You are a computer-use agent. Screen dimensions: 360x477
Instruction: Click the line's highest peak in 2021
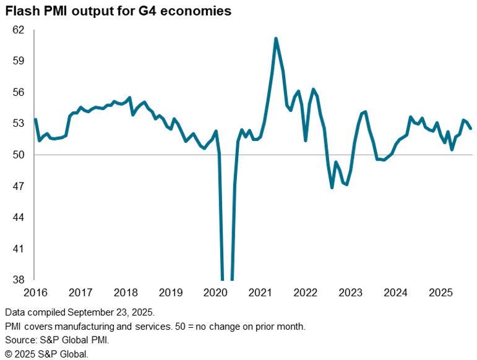pyautogui.click(x=276, y=38)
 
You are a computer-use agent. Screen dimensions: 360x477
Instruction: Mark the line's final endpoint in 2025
pyautogui.click(x=471, y=129)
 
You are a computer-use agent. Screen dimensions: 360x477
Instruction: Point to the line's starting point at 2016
pyautogui.click(x=35, y=119)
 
